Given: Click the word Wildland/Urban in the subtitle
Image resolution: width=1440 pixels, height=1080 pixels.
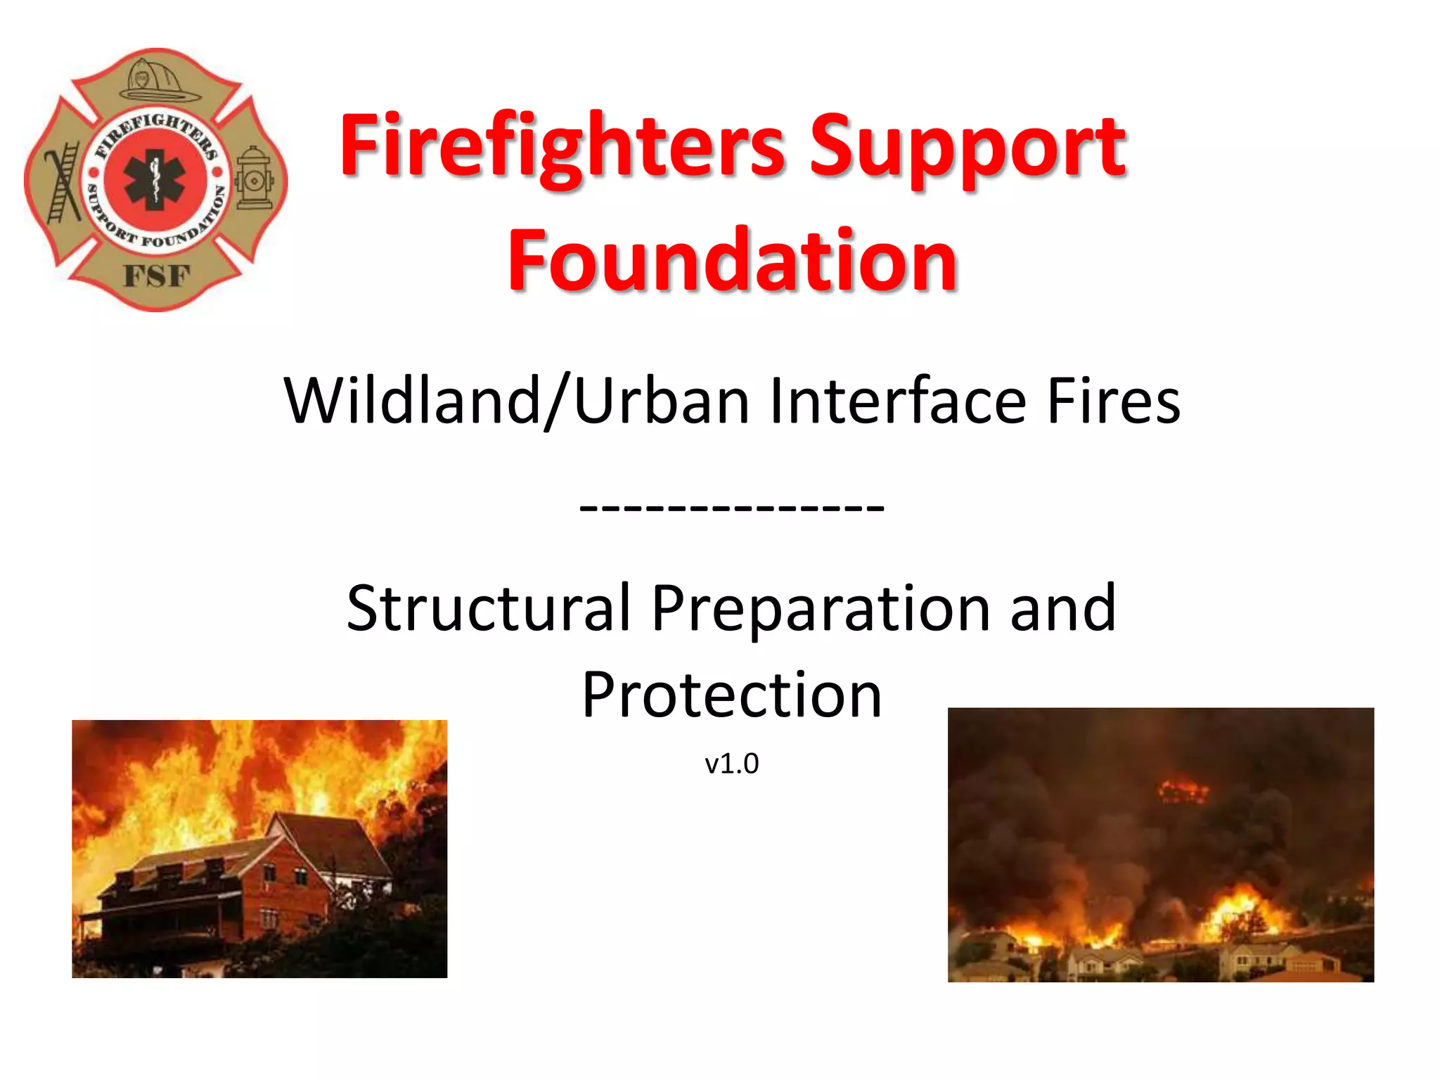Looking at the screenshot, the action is (x=516, y=401).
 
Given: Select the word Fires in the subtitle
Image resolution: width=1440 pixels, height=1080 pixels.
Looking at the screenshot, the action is (x=1113, y=401).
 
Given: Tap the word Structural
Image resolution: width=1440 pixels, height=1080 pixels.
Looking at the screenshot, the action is (x=488, y=608).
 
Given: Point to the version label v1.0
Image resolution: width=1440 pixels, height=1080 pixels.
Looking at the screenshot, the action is (x=732, y=764).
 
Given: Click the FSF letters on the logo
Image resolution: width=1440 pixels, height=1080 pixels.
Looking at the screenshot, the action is (x=157, y=276).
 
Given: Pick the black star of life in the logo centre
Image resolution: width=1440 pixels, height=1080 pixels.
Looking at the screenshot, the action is (x=155, y=180).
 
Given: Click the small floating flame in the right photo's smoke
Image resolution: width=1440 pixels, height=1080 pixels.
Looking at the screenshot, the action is (x=1183, y=790).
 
